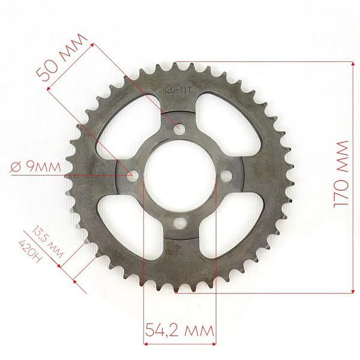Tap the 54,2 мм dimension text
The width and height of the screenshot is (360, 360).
(x=179, y=331)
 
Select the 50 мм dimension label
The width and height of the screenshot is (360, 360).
(x=62, y=58)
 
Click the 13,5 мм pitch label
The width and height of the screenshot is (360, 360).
(x=47, y=242)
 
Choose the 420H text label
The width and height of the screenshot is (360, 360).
(x=31, y=251)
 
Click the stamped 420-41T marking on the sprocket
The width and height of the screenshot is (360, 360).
(x=177, y=90)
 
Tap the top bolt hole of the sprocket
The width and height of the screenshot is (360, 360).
(x=179, y=130)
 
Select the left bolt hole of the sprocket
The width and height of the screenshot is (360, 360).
(x=134, y=176)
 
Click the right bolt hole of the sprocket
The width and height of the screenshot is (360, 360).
(x=226, y=176)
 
